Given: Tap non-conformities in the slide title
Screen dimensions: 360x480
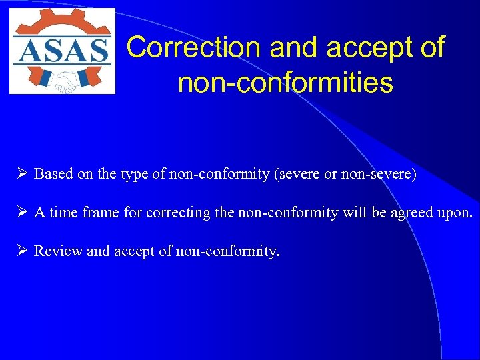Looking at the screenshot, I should pyautogui.click(x=285, y=83).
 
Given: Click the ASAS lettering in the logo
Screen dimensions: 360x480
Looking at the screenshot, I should pyautogui.click(x=62, y=51).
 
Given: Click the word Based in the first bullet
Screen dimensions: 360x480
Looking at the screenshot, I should pyautogui.click(x=54, y=174).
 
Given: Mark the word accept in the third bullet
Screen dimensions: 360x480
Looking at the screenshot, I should pyautogui.click(x=133, y=252).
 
